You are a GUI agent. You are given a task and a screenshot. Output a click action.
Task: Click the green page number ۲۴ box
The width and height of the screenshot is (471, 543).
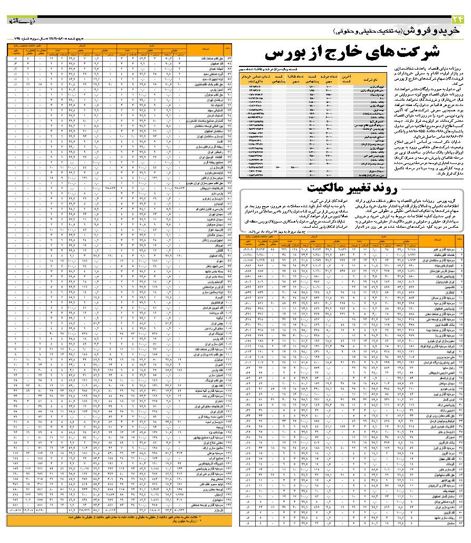pos(458,20)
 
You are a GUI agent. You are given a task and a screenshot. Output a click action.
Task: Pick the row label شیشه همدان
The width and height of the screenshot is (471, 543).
pos(214,69)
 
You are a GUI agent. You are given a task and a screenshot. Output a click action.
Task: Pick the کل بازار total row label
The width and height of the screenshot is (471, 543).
pos(214,510)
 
